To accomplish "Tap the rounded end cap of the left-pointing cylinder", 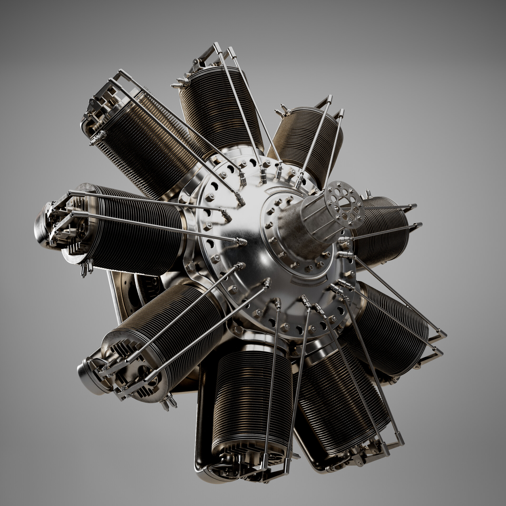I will pos(41,227).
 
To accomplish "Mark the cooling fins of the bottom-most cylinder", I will pos(253,395).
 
